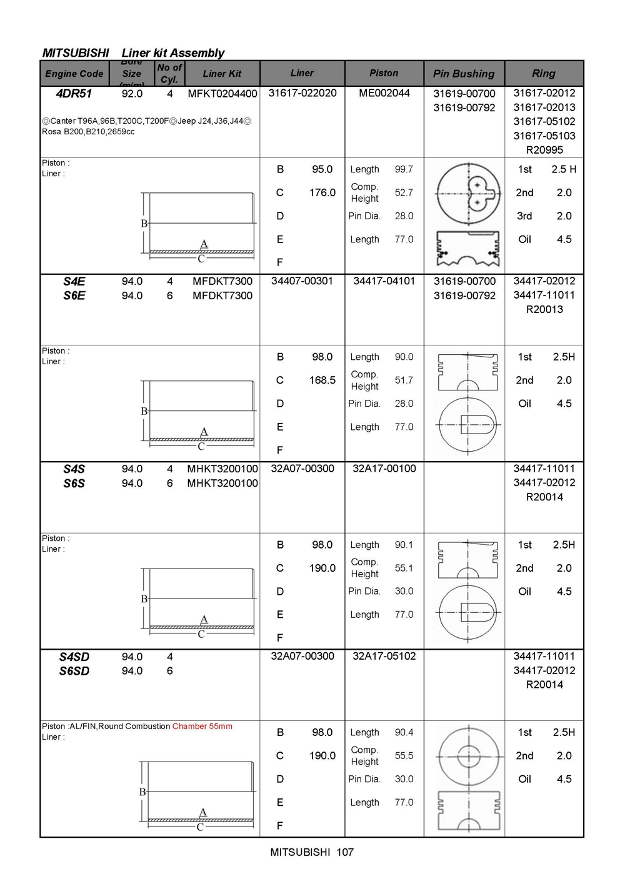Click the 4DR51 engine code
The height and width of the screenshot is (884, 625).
pos(74,94)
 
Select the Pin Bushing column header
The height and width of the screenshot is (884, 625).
pos(464,74)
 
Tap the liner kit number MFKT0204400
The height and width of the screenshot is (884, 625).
pos(222,94)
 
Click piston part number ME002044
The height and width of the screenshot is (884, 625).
pos(384,93)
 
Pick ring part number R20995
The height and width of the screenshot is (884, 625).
pos(544,150)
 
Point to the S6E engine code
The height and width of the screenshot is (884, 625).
pos(74,295)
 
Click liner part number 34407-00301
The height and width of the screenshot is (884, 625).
pos(302,281)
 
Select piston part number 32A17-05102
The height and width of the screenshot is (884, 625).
pos(384,656)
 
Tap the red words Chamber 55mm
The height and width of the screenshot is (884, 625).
pos(202,726)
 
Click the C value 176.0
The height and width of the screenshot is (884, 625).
pos(322,192)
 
